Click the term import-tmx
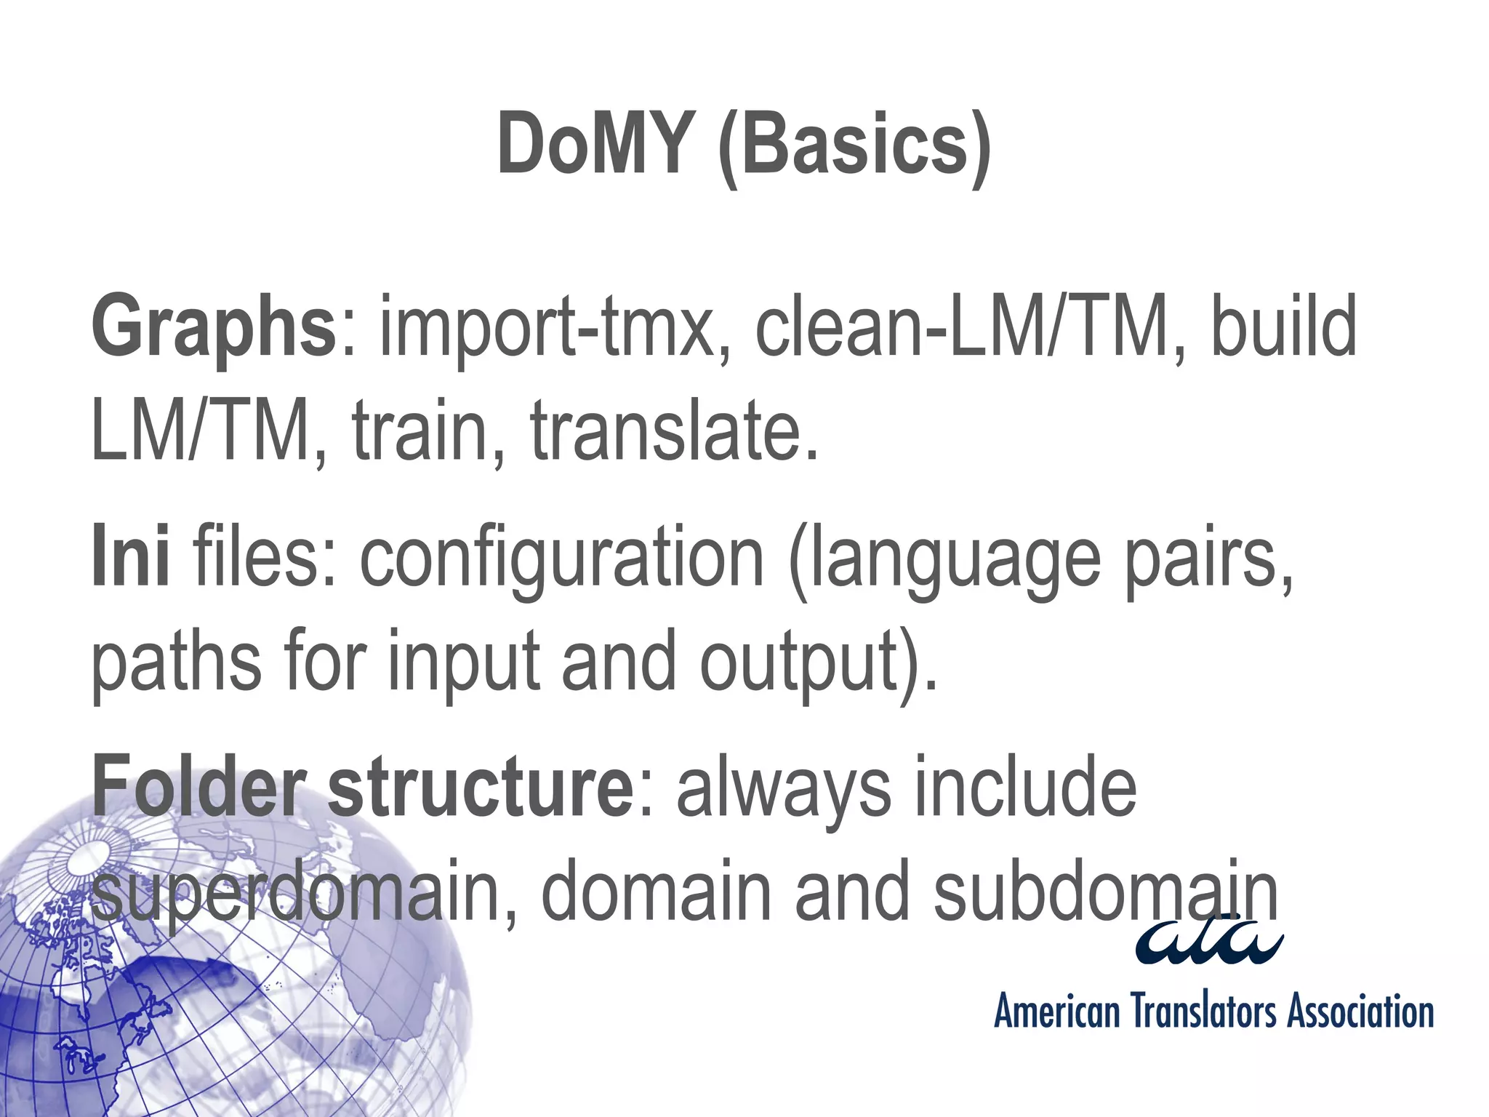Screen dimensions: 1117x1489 pyautogui.click(x=546, y=327)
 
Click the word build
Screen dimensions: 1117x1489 pyautogui.click(x=1284, y=326)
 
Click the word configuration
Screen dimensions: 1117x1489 pyautogui.click(x=562, y=556)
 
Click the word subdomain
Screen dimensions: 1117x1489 pyautogui.click(x=1105, y=891)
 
